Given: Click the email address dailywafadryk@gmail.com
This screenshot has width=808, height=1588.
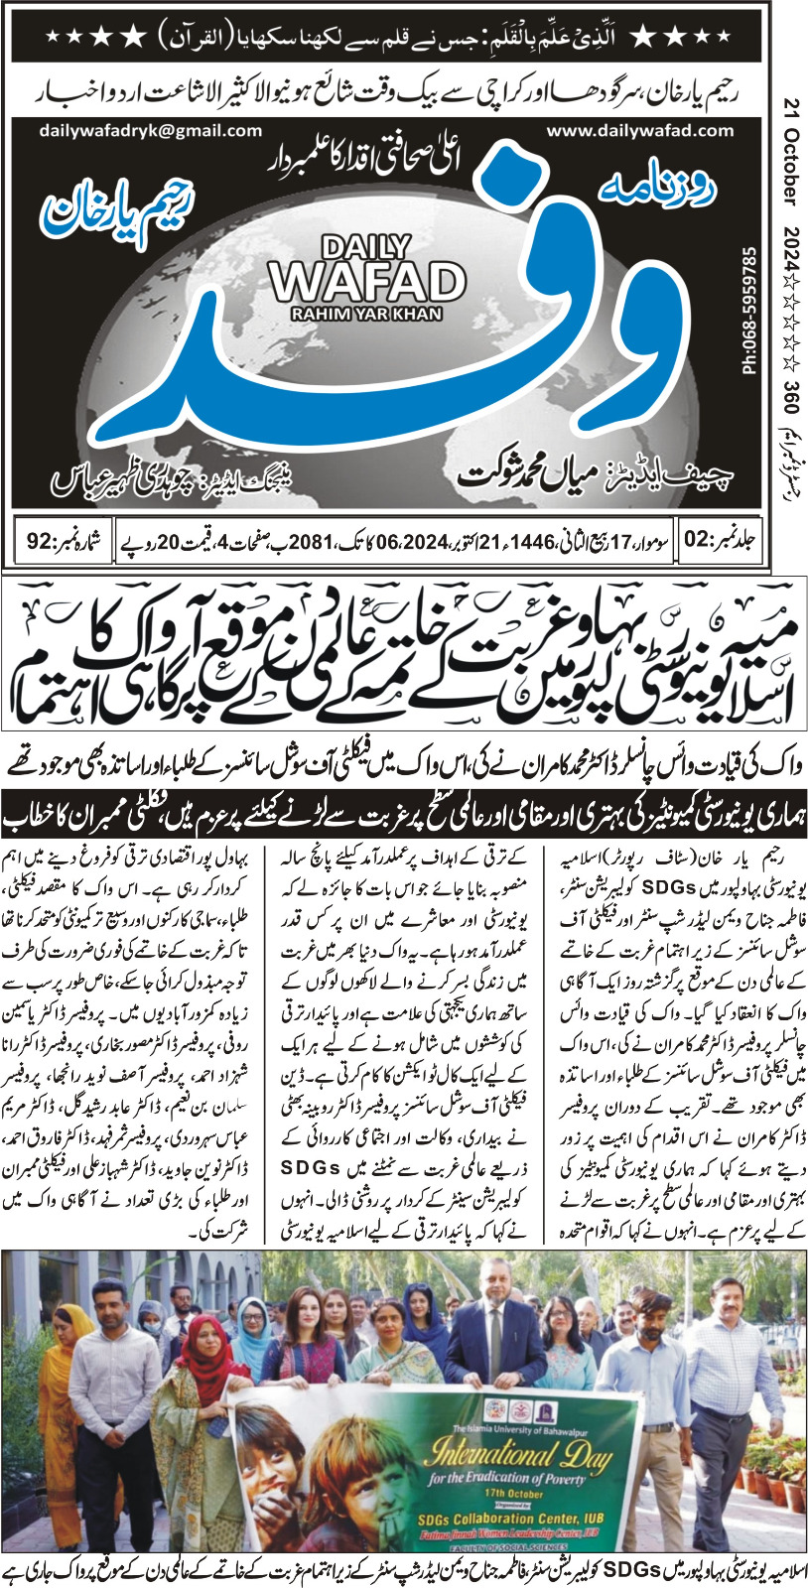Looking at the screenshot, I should (x=151, y=130).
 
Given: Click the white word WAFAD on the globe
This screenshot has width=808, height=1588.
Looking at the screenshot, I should (x=367, y=282).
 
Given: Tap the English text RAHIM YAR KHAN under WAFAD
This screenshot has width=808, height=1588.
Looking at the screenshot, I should (x=367, y=314).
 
